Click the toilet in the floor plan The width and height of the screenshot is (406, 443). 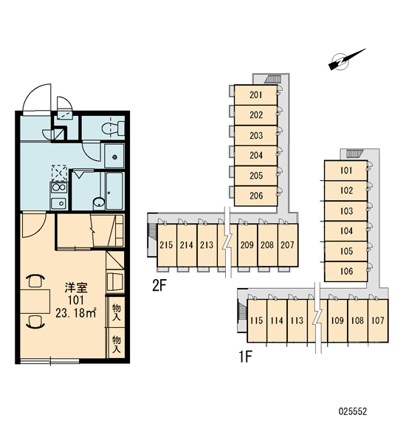point(113,128)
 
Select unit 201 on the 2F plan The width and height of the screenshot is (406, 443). point(256,95)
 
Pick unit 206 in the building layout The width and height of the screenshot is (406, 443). point(256,196)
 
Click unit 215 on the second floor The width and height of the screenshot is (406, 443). point(166,245)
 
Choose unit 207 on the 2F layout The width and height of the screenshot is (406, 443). point(288,245)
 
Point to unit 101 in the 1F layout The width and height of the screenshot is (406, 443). point(346,171)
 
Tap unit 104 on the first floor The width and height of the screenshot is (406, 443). point(346,231)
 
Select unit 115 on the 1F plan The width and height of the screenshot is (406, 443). point(257,320)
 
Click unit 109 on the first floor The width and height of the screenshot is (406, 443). point(337,320)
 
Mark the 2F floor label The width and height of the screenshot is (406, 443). point(159,286)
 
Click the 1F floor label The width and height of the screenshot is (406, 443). point(245,357)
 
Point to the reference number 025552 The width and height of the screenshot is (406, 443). point(353,411)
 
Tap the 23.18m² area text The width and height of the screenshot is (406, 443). point(76,313)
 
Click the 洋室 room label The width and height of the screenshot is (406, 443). point(76,288)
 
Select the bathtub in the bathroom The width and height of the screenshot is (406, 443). point(114,191)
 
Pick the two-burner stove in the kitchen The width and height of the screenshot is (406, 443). point(59,188)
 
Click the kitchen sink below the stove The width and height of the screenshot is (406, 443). point(59,203)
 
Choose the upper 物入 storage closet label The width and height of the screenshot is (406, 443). point(117,312)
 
